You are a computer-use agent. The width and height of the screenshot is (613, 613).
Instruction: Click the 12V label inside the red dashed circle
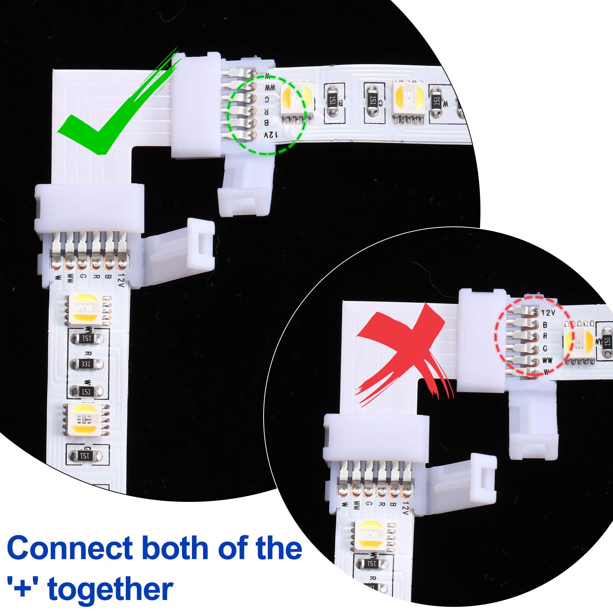coord(548,313)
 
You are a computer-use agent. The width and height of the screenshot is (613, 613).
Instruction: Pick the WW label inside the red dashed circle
coord(547,361)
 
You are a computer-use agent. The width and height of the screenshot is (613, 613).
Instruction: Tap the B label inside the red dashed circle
coord(545,325)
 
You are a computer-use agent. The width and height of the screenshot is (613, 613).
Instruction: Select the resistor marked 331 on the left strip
coord(86,364)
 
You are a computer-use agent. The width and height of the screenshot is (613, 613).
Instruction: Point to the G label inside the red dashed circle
coord(545,349)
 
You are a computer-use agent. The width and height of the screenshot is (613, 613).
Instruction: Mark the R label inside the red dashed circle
coord(545,336)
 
